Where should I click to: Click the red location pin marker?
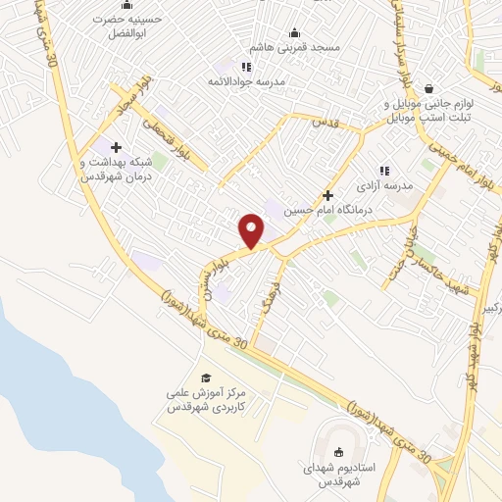pyautogui.click(x=252, y=229)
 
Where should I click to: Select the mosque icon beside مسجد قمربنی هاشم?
pyautogui.click(x=295, y=32)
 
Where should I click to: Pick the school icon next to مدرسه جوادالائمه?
pyautogui.click(x=246, y=67)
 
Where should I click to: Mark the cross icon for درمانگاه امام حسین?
pyautogui.click(x=327, y=195)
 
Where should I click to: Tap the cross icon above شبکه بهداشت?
pyautogui.click(x=116, y=147)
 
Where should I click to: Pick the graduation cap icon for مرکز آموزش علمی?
pyautogui.click(x=206, y=377)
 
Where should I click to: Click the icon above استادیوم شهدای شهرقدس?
pyautogui.click(x=339, y=451)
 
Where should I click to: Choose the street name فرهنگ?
pyautogui.click(x=274, y=303)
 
